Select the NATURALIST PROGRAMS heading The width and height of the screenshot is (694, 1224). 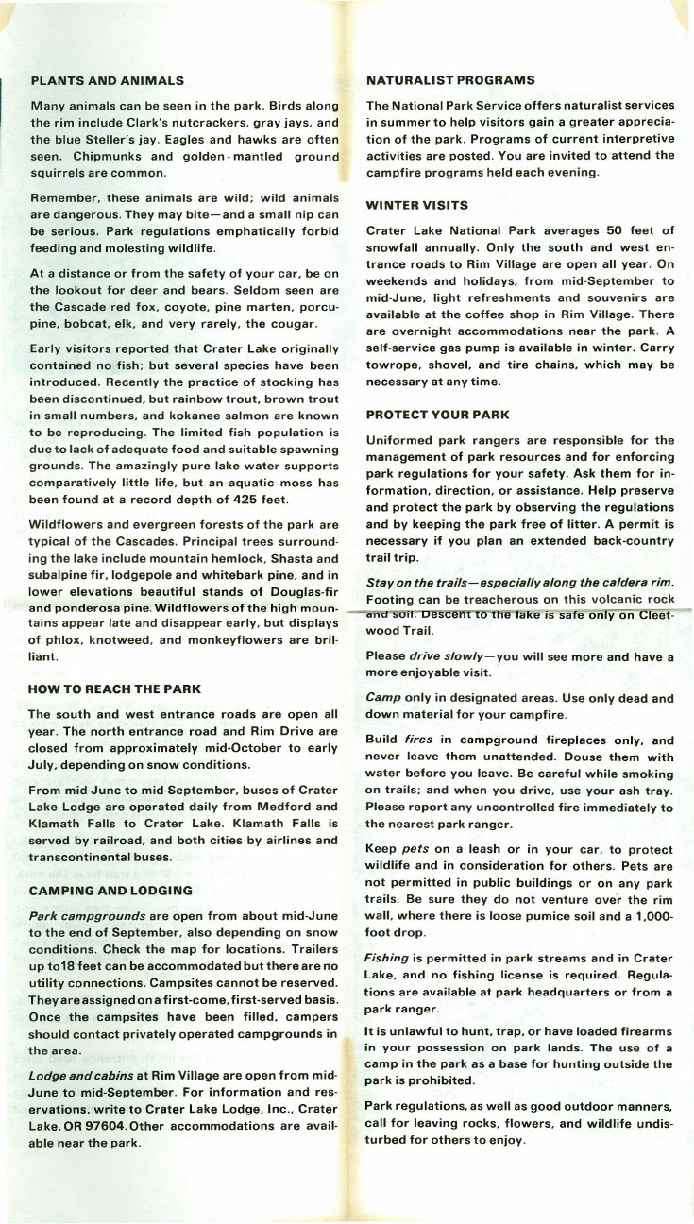[x=450, y=80]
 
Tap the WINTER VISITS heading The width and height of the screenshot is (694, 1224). [x=417, y=204]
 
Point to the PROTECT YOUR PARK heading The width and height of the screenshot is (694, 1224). [x=437, y=414]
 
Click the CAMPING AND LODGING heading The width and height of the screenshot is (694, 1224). [x=110, y=890]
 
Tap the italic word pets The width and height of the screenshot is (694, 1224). [x=415, y=848]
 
